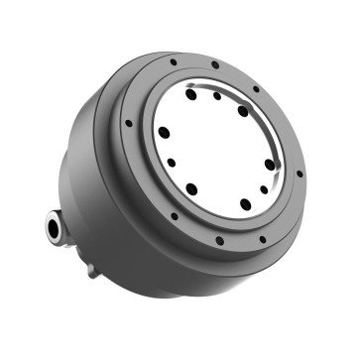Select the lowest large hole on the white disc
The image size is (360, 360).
pos(245,204)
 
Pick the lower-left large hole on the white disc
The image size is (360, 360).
pos(191,187)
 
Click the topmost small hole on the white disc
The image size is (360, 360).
pos(217,97)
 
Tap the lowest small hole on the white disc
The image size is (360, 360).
pos(264,188)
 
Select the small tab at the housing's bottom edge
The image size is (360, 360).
pos(90,269)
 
